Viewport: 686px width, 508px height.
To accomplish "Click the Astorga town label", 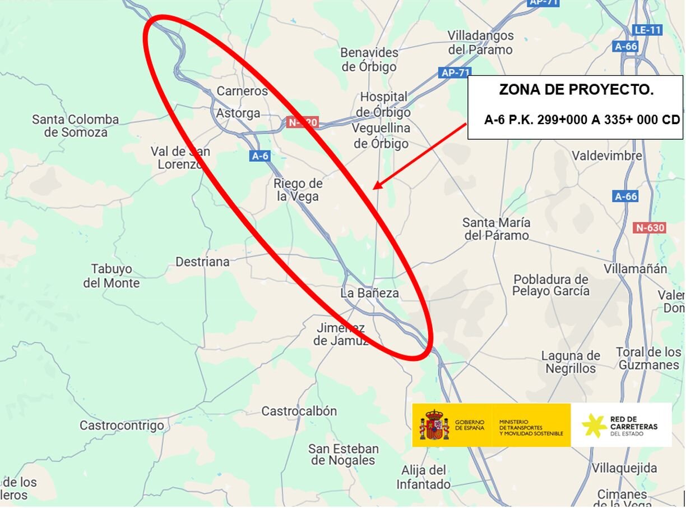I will point(239,113).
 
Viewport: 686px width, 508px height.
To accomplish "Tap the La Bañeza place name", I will point(370,293).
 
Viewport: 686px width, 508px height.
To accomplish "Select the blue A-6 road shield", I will point(260,156).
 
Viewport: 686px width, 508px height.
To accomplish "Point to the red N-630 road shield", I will point(650,228).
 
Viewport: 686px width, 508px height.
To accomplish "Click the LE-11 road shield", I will point(647,30).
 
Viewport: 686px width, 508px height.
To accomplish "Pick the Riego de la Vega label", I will point(298,190).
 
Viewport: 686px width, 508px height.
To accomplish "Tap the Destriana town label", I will point(203,262).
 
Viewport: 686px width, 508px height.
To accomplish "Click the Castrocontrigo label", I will point(122,425).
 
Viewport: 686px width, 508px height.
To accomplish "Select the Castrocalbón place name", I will point(299,411).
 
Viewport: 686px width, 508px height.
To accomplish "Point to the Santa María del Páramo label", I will point(497,229).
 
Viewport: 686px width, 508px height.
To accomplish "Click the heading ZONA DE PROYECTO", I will point(576,90).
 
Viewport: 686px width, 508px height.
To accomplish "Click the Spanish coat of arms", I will point(434,425).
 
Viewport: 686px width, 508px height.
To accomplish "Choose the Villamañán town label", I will point(636,269).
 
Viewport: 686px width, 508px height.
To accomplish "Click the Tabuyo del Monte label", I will point(112,276).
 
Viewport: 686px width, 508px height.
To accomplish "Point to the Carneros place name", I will point(242,91).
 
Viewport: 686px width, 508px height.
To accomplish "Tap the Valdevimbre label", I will point(607,155).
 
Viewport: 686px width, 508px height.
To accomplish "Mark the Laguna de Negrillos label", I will point(571,362).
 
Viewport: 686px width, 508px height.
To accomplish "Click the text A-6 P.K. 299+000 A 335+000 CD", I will point(582,120).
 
